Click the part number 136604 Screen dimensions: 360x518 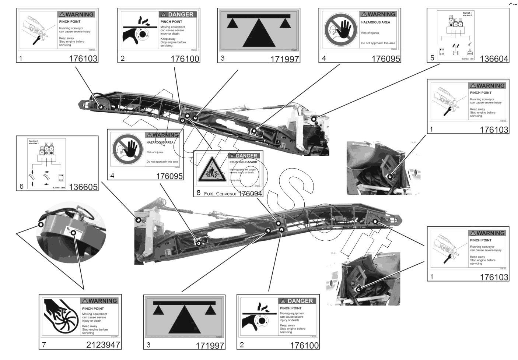(x=494, y=59)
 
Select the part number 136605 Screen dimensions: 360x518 (x=83, y=187)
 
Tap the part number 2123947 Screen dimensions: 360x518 (x=103, y=345)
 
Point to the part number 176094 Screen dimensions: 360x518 (x=250, y=193)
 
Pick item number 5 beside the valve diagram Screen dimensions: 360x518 (x=432, y=58)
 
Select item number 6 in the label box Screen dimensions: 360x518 (x=21, y=186)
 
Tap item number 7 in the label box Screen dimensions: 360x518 (x=44, y=345)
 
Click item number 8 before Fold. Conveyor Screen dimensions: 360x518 (x=199, y=193)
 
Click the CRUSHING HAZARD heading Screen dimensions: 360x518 (x=243, y=162)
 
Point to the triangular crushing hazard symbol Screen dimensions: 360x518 (x=211, y=170)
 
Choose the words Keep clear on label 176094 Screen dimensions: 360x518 (x=235, y=180)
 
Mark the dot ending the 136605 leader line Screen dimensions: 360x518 (x=138, y=220)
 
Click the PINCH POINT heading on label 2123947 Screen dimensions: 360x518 (x=93, y=309)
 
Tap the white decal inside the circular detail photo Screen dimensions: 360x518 (x=69, y=231)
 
